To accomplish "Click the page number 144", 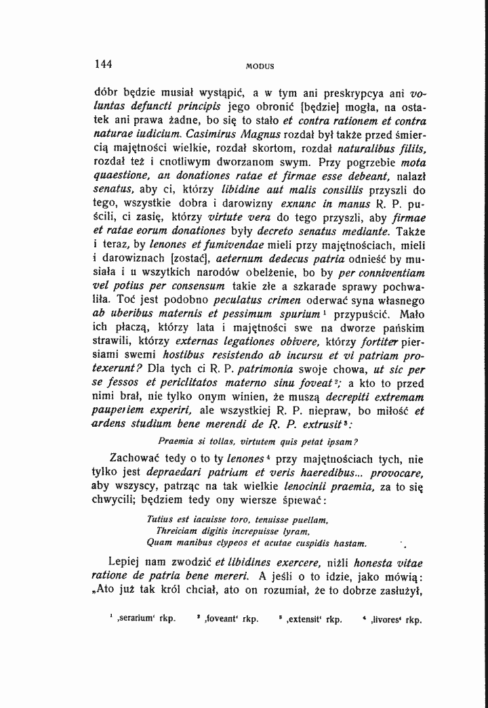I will [x=104, y=65].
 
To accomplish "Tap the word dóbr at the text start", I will [x=104, y=93].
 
